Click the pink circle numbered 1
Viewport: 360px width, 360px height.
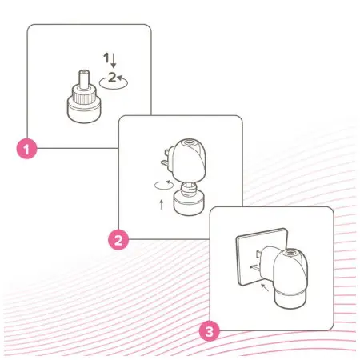click(x=27, y=149)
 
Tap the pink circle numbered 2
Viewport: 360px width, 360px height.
click(x=118, y=240)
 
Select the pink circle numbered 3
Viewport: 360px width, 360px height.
click(x=210, y=331)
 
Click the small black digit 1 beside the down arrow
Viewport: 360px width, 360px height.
click(x=106, y=58)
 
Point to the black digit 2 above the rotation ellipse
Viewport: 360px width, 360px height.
click(x=112, y=78)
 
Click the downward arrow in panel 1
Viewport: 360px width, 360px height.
click(x=114, y=61)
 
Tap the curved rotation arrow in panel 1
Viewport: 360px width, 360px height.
click(x=114, y=82)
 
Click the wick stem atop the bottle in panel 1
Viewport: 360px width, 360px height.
click(x=84, y=79)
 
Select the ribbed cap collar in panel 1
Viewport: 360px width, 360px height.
click(x=84, y=95)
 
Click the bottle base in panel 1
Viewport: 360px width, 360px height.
click(x=84, y=110)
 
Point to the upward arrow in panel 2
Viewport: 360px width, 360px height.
click(x=162, y=204)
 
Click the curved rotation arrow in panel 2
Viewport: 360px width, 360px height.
click(x=164, y=185)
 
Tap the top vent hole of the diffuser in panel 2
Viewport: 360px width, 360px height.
click(x=190, y=142)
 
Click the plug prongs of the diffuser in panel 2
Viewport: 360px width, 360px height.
click(x=166, y=158)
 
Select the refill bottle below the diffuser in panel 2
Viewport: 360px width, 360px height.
click(x=189, y=199)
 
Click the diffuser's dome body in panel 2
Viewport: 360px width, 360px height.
click(x=189, y=160)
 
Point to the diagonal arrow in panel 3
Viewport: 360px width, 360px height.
click(x=265, y=288)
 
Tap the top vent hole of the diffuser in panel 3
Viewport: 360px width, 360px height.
click(x=290, y=252)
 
